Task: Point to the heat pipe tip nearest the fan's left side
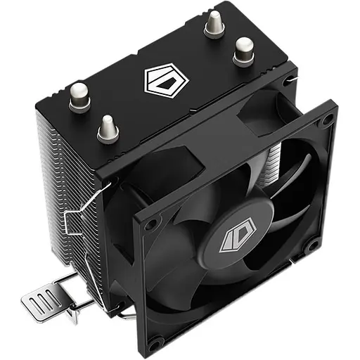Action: pyautogui.click(x=108, y=129)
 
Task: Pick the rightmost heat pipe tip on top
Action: pyautogui.click(x=243, y=49)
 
